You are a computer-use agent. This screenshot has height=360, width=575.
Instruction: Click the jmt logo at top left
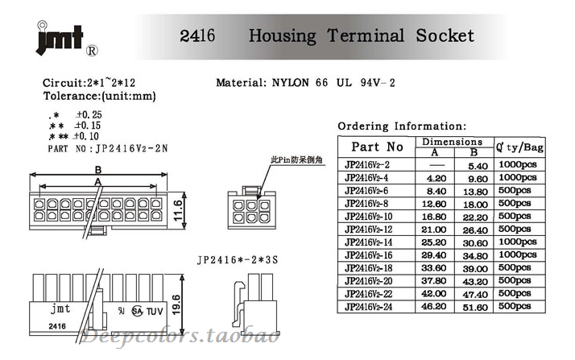[x=59, y=38]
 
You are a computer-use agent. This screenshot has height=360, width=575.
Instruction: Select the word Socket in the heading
[x=445, y=35]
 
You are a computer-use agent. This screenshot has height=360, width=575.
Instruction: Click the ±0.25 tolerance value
[x=89, y=114]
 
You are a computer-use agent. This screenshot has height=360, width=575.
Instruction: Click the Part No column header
[x=377, y=147]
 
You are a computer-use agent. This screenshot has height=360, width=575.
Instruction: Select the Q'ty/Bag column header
[x=519, y=147]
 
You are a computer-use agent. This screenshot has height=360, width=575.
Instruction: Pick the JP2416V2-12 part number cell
[x=370, y=229]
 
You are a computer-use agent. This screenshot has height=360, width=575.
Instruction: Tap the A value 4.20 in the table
[x=436, y=177]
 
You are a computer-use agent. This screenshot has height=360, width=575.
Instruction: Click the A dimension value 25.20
[x=436, y=242]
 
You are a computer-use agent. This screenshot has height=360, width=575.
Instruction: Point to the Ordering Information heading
[x=401, y=126]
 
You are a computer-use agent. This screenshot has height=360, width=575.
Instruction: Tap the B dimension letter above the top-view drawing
[x=97, y=169]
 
